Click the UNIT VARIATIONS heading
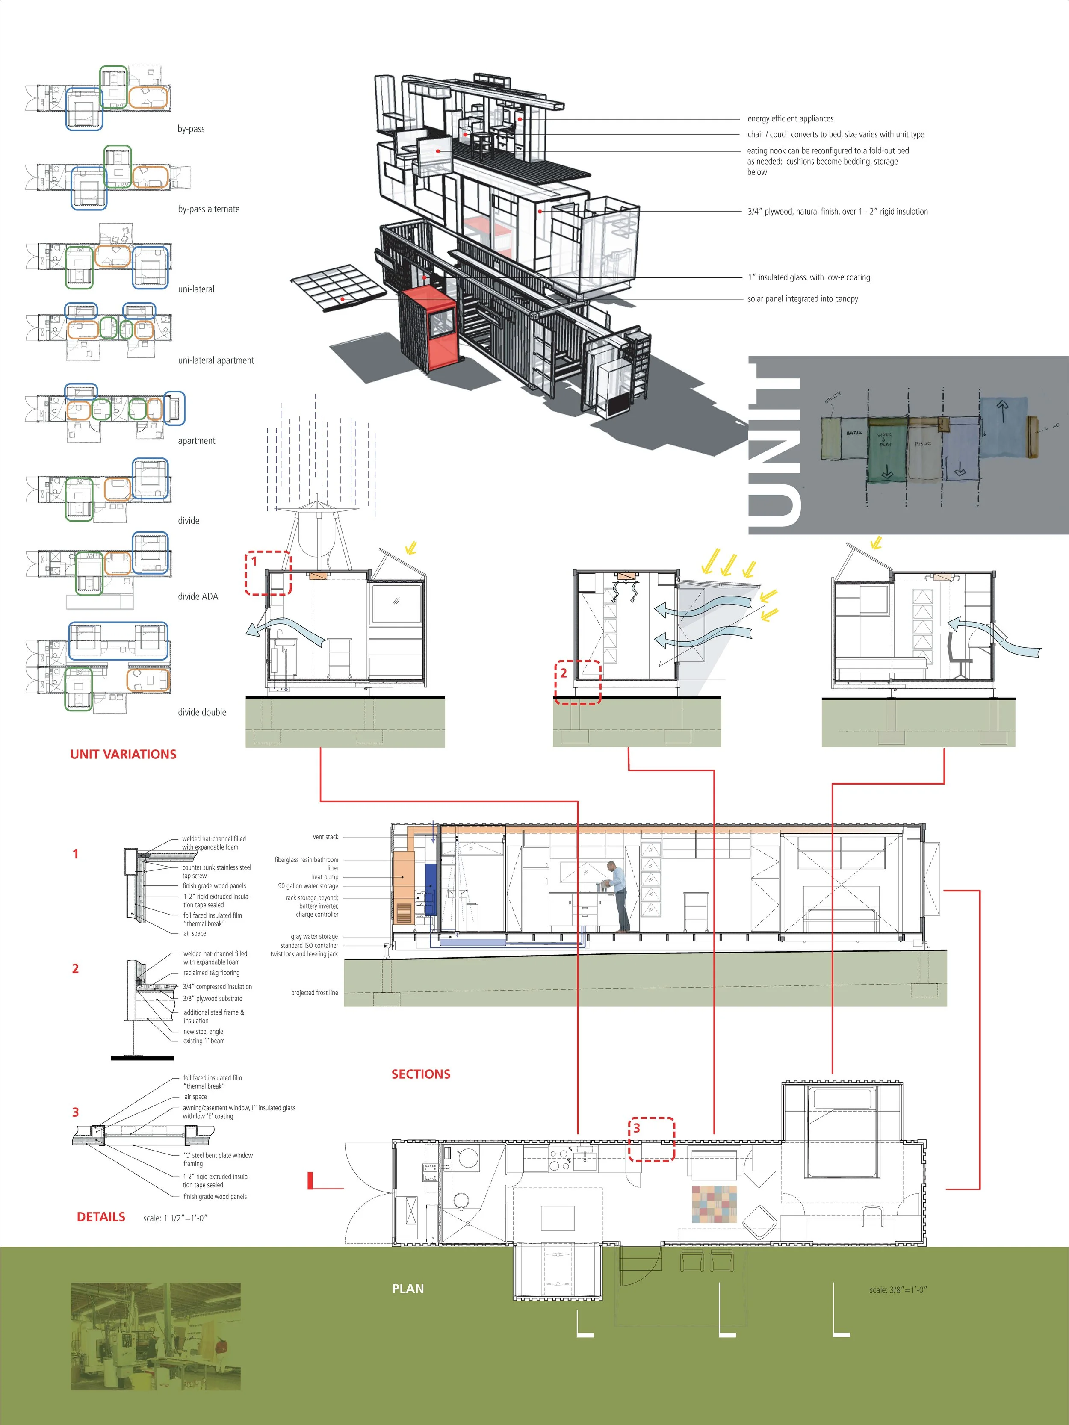(x=123, y=754)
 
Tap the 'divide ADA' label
(x=198, y=596)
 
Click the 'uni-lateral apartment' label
(x=216, y=361)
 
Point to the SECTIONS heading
(x=421, y=1074)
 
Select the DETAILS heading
(x=101, y=1217)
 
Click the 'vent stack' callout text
(x=325, y=837)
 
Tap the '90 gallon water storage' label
(x=308, y=886)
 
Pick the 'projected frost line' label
(x=314, y=993)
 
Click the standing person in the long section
(x=619, y=897)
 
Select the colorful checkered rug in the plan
(x=714, y=1204)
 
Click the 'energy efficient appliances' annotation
(x=790, y=118)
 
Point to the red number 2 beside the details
(x=75, y=968)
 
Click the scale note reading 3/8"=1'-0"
(x=898, y=1290)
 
